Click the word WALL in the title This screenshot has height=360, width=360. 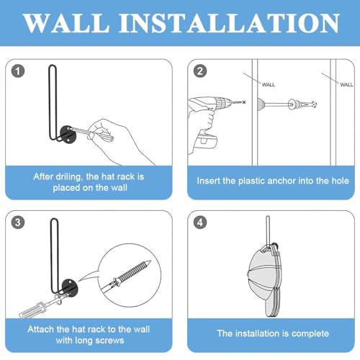pyautogui.click(x=67, y=23)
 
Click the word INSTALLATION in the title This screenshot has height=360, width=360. pyautogui.click(x=229, y=23)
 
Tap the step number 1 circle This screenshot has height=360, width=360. pyautogui.click(x=18, y=71)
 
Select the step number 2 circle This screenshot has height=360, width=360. pyautogui.click(x=200, y=71)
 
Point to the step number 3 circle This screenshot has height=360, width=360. pyautogui.click(x=18, y=222)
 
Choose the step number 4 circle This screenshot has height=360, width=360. pyautogui.click(x=200, y=222)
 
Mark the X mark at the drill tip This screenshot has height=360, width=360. pyautogui.click(x=244, y=102)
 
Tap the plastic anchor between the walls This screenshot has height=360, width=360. pyautogui.click(x=302, y=104)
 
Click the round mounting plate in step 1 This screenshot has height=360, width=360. pyautogui.click(x=68, y=134)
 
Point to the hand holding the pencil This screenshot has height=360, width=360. pyautogui.click(x=120, y=142)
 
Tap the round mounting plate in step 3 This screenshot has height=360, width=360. pyautogui.click(x=69, y=288)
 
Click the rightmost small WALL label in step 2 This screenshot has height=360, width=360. pyautogui.click(x=346, y=85)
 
